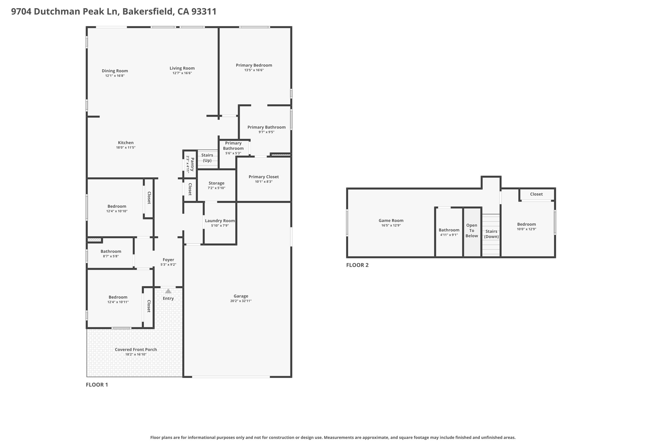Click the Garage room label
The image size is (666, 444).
coord(241,296)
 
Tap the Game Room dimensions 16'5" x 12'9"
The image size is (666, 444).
coord(391,225)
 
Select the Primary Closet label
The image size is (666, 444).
coord(264,177)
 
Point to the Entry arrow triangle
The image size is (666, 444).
coord(168,291)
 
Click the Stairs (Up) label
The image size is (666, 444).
coord(207,158)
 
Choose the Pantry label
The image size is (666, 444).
coord(192,164)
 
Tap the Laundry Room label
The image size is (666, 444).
coord(220,221)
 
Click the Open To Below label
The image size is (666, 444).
coord(472,231)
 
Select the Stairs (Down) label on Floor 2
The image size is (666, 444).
coord(491,234)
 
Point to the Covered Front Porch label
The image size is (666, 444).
coord(136,350)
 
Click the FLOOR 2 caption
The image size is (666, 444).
coord(357,265)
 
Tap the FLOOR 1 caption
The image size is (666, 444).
coord(97,385)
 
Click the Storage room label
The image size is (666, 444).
coord(217,183)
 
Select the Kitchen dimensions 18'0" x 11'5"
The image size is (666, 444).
coord(126,148)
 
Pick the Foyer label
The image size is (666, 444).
coord(168,260)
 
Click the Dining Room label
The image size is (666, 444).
coord(115,71)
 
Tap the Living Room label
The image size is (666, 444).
coord(182,68)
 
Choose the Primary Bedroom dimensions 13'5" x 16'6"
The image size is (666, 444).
coord(254,70)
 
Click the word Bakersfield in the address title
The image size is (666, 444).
coord(148,12)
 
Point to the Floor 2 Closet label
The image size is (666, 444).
coord(536,194)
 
